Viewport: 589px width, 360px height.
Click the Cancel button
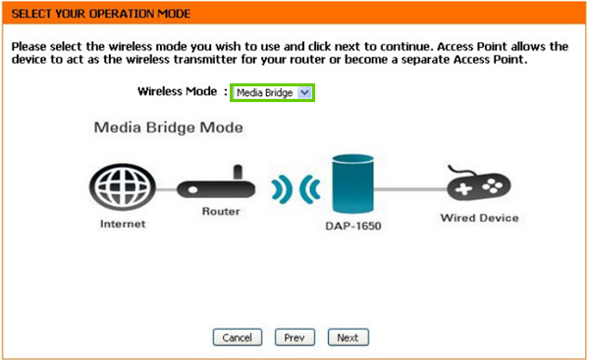pyautogui.click(x=238, y=337)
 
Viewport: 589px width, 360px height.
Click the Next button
pyautogui.click(x=347, y=337)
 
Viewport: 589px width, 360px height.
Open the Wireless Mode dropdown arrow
pyautogui.click(x=304, y=92)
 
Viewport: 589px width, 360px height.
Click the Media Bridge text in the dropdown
pyautogui.click(x=264, y=92)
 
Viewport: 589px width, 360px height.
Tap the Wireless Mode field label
pyautogui.click(x=179, y=91)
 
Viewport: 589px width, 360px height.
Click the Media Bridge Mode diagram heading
pyautogui.click(x=168, y=129)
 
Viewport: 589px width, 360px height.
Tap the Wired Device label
pyautogui.click(x=478, y=218)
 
